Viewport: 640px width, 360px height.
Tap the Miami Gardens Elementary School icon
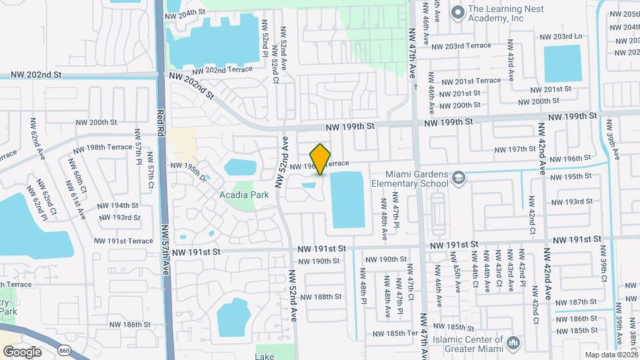point(459,177)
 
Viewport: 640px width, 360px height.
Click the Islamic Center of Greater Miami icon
point(513,343)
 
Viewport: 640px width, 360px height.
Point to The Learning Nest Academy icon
point(457,13)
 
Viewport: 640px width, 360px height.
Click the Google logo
point(22,351)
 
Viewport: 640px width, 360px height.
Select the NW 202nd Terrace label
point(222,70)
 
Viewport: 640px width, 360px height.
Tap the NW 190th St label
point(319,261)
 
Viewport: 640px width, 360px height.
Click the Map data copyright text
point(611,355)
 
